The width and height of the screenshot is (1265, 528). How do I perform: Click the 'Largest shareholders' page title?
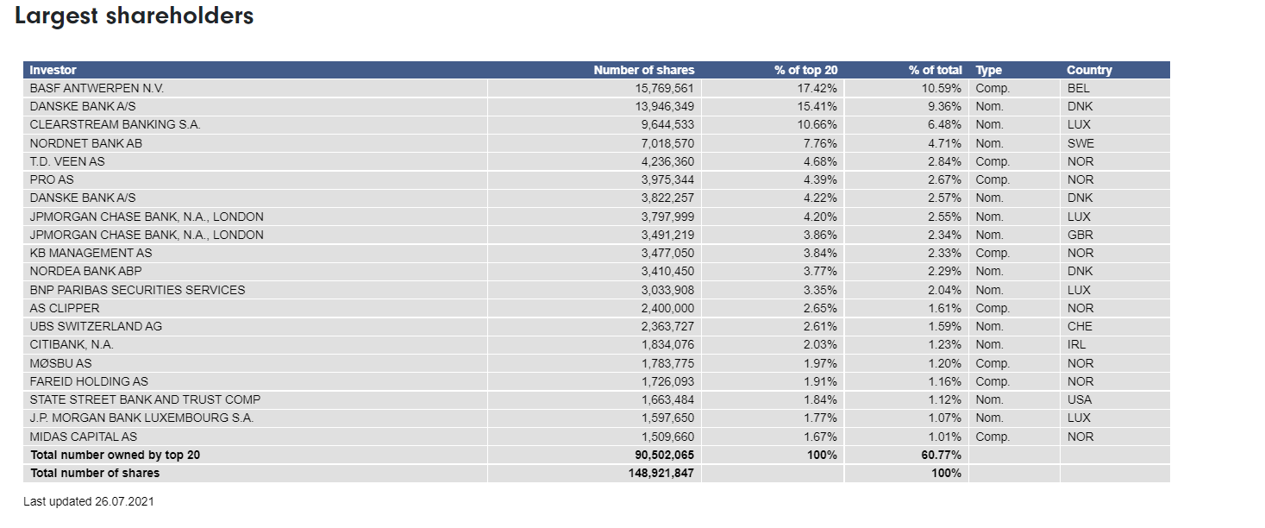pyautogui.click(x=135, y=16)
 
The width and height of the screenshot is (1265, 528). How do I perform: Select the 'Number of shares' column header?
pyautogui.click(x=644, y=70)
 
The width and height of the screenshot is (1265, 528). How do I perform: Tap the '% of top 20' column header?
pyautogui.click(x=806, y=70)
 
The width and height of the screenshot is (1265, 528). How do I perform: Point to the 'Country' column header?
pyautogui.click(x=1089, y=70)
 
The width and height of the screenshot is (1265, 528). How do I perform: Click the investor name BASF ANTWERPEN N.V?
pyautogui.click(x=97, y=88)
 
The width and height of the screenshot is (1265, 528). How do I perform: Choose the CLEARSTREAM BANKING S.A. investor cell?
pyautogui.click(x=116, y=124)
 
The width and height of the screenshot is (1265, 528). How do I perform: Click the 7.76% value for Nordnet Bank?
pyautogui.click(x=820, y=143)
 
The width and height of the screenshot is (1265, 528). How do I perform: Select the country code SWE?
pyautogui.click(x=1080, y=143)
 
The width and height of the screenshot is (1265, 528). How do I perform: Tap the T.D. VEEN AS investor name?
pyautogui.click(x=67, y=161)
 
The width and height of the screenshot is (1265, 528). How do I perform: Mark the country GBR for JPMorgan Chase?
pyautogui.click(x=1080, y=235)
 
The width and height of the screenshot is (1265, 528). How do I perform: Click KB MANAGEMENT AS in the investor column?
pyautogui.click(x=91, y=253)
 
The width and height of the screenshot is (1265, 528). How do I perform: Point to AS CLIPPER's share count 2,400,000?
pyautogui.click(x=667, y=308)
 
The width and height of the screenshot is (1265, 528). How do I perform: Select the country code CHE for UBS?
pyautogui.click(x=1080, y=326)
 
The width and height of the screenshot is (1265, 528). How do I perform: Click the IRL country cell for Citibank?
pyautogui.click(x=1076, y=344)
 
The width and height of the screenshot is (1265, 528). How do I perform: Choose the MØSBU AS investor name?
pyautogui.click(x=60, y=363)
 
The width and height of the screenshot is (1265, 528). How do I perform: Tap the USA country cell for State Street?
pyautogui.click(x=1080, y=399)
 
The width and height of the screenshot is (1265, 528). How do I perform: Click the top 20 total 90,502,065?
pyautogui.click(x=664, y=455)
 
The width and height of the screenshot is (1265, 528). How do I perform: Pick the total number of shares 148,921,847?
pyautogui.click(x=661, y=473)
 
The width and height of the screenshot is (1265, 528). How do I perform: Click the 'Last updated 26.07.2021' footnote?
pyautogui.click(x=89, y=501)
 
